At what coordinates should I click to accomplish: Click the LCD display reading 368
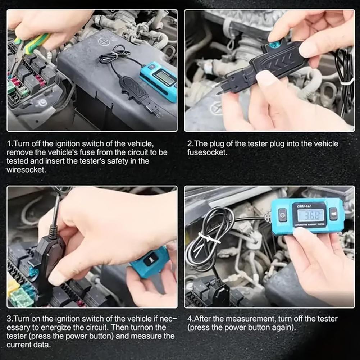pos(311,215)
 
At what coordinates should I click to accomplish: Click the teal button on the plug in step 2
pos(275,44)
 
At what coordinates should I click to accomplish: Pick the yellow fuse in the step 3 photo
pos(13,287)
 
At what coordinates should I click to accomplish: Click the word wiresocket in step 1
pos(26,169)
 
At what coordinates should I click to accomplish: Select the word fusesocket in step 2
pos(207,152)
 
